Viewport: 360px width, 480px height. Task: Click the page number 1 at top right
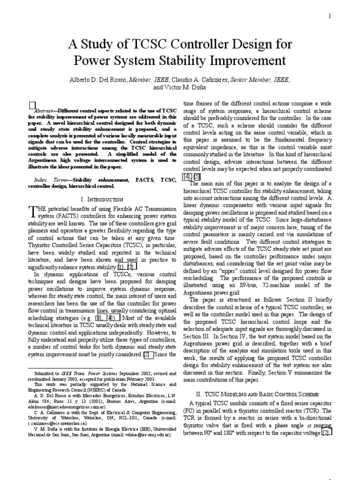pyautogui.click(x=330, y=16)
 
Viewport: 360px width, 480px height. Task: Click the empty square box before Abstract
pyautogui.click(x=32, y=105)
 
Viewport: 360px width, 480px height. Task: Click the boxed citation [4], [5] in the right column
pyautogui.click(x=192, y=176)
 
